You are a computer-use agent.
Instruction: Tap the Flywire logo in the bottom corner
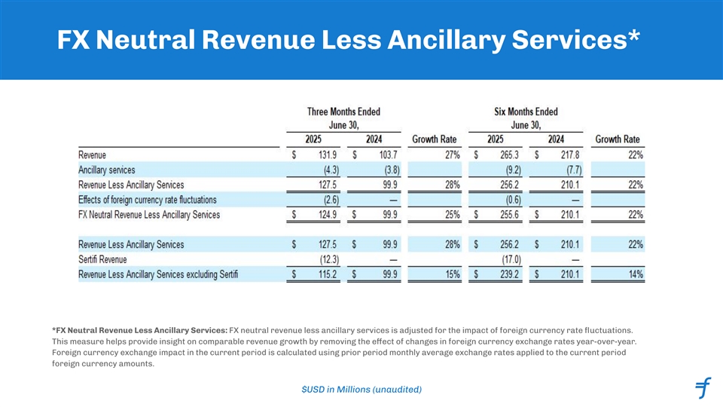[x=703, y=389]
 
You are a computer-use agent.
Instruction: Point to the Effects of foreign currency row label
[x=147, y=200]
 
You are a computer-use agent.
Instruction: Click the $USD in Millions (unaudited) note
[x=361, y=389]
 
